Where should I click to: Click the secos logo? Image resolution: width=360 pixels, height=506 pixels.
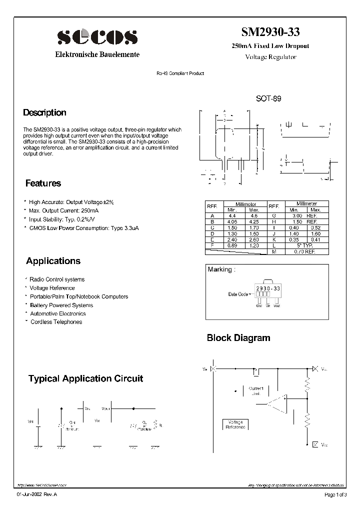point(97,37)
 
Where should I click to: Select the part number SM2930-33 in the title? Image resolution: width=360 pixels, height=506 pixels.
point(270,32)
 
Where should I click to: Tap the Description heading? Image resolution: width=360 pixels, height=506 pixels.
point(44,112)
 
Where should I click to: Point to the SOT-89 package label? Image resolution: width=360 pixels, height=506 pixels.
point(268,99)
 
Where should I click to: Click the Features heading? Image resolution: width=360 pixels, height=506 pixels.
point(43,183)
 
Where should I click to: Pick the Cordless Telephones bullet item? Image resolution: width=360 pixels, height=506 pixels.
point(56,322)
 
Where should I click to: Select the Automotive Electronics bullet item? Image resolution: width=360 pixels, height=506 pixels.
point(57,313)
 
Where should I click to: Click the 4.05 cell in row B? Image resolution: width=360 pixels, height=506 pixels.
point(232,221)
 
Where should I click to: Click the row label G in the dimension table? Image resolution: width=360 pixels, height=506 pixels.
point(274,215)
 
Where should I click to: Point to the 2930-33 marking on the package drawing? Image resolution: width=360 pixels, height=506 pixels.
point(268,289)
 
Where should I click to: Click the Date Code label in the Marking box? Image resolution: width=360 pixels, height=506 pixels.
point(238,294)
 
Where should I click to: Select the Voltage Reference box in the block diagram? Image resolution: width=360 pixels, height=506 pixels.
point(235,424)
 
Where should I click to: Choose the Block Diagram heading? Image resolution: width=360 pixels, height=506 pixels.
point(238,338)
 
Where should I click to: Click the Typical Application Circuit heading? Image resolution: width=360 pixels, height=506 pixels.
point(85,378)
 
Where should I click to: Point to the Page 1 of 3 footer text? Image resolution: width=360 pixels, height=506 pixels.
point(335,495)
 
